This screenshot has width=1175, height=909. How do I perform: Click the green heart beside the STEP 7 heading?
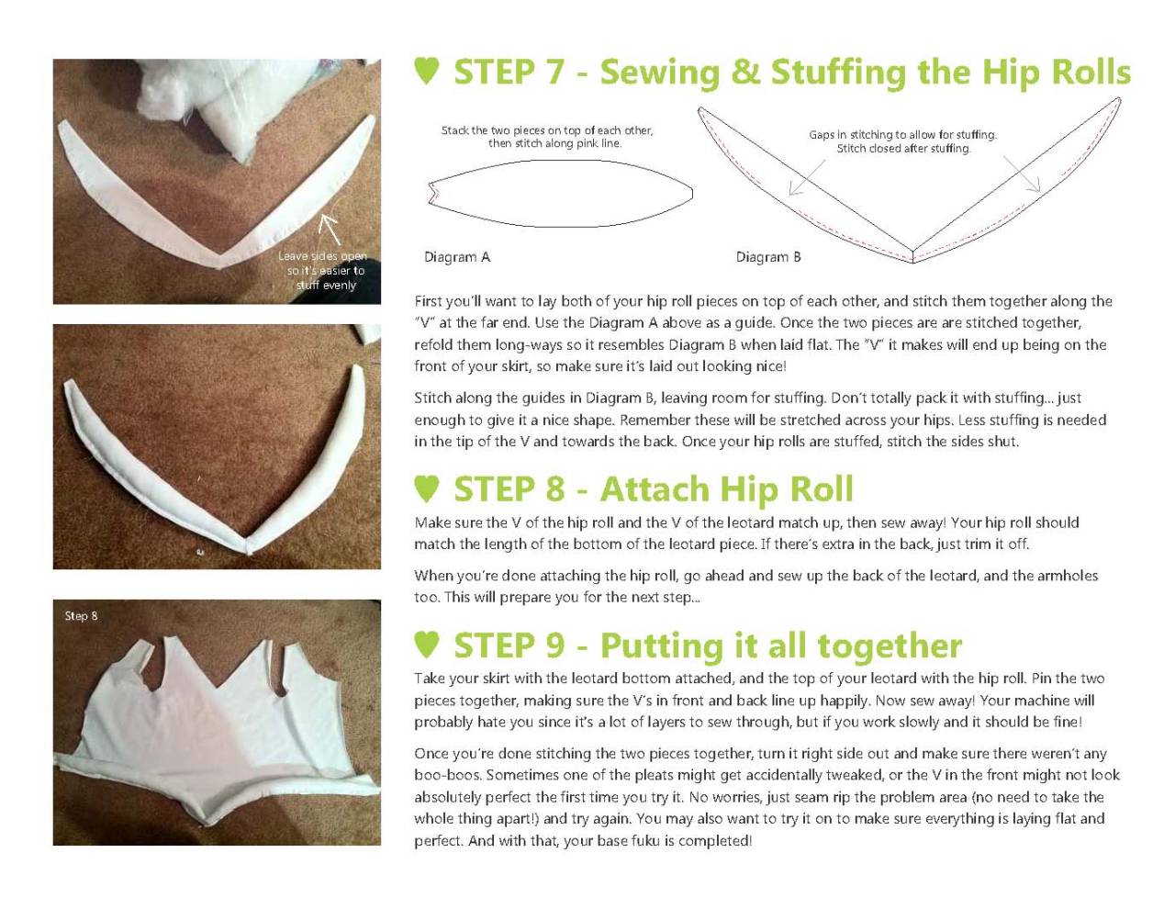427,71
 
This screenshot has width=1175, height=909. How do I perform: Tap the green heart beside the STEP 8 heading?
427,488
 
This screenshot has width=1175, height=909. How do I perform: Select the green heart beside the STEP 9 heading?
427,645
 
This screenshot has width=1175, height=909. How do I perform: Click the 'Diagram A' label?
457,257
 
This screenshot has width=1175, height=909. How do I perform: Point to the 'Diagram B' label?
767,257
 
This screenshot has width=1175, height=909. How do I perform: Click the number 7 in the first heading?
554,72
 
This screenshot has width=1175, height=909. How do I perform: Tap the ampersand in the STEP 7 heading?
744,72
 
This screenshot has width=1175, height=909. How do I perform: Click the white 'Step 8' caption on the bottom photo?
81,616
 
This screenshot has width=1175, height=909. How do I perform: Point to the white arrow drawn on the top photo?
330,230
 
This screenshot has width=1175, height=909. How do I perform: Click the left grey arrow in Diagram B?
807,177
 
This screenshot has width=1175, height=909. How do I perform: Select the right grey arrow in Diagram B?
1022,174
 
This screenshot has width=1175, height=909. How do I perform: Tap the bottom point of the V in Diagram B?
912,263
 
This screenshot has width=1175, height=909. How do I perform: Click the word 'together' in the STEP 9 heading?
890,645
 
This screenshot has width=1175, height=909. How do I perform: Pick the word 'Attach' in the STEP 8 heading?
655,488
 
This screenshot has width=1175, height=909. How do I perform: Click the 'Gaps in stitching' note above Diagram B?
903,141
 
